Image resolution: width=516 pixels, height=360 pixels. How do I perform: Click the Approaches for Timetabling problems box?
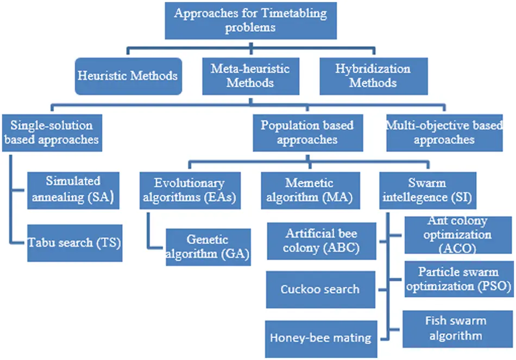250,20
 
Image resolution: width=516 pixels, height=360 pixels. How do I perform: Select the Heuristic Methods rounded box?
128,76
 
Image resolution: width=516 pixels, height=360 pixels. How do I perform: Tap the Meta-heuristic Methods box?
250,76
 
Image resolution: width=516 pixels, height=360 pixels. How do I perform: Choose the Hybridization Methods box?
373,76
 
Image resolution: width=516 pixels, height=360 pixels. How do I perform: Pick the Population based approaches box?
307,132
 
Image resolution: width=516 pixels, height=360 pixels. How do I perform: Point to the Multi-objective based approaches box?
444,132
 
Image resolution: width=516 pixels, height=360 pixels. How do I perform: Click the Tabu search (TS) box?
74,242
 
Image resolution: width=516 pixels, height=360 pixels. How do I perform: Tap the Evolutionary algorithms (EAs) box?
190,190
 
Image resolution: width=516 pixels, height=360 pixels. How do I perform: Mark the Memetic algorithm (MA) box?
309,190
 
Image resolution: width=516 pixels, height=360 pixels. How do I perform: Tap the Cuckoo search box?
320,289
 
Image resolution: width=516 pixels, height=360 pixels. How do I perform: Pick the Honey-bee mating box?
320,337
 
